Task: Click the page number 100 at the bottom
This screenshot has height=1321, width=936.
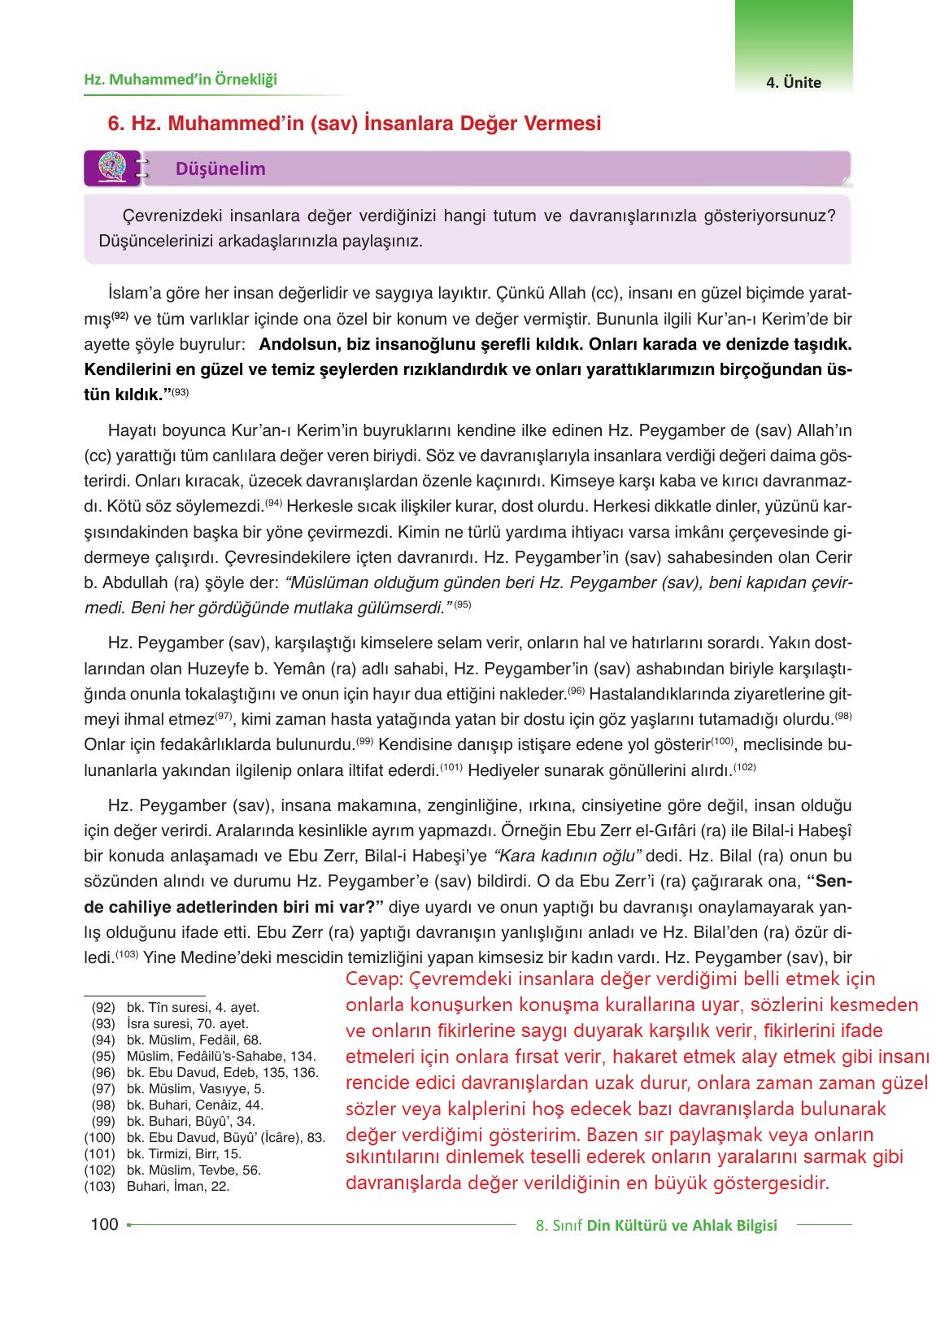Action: [x=104, y=1224]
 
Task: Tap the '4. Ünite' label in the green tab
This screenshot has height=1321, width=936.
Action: [x=793, y=82]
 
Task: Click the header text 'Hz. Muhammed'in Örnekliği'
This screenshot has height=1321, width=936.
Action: [x=181, y=80]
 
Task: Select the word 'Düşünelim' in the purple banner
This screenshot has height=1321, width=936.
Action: [x=220, y=169]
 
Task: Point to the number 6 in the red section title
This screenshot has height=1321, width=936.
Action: [x=114, y=124]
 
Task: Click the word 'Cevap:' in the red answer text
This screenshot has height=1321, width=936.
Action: [x=371, y=979]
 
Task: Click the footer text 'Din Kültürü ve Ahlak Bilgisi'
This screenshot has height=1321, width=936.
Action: [x=681, y=1226]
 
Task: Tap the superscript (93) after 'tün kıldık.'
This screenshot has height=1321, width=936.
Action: [x=180, y=393]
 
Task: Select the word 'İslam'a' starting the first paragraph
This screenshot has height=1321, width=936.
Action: [x=133, y=292]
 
